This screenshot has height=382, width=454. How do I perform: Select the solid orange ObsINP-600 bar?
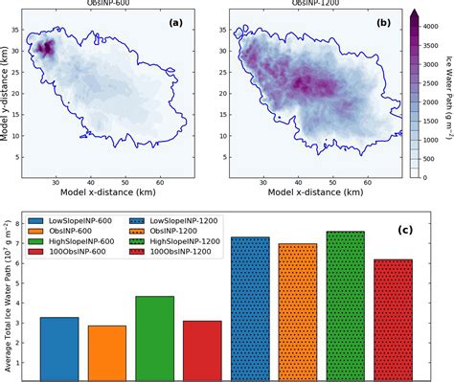click(x=107, y=349)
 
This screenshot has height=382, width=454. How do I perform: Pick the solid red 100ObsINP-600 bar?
click(x=202, y=347)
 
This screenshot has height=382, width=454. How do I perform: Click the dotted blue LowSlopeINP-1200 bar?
click(x=250, y=305)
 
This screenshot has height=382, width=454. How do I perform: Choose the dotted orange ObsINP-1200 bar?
click(x=297, y=308)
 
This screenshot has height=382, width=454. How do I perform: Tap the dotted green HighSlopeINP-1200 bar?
click(x=345, y=303)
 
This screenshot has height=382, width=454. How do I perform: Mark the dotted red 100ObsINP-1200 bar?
click(x=393, y=317)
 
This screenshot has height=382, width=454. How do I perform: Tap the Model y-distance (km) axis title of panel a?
click(x=8, y=96)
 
